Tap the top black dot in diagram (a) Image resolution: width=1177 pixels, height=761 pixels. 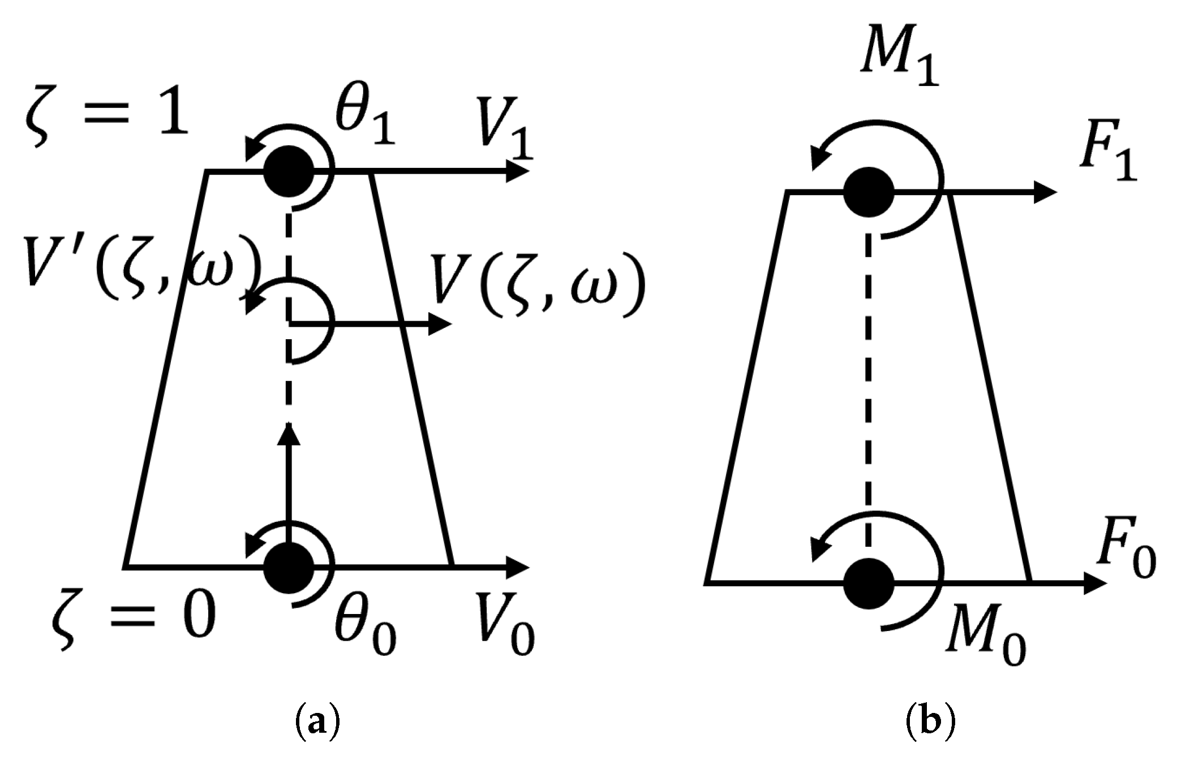click(x=289, y=171)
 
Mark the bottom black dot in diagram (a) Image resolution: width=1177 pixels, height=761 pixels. click(x=289, y=567)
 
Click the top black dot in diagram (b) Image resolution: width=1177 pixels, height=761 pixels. click(x=869, y=193)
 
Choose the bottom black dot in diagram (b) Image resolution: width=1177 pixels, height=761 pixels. click(x=869, y=583)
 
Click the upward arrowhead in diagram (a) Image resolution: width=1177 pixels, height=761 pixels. click(x=290, y=434)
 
